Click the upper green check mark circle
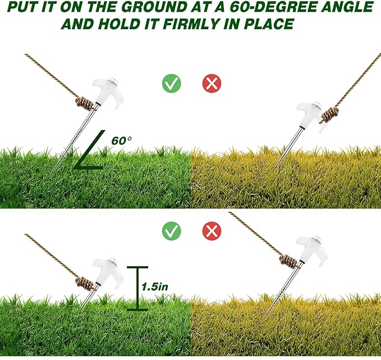click(x=171, y=84)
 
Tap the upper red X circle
click(x=212, y=84)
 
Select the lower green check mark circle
click(x=171, y=230)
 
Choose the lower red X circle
click(x=212, y=230)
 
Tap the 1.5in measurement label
click(x=154, y=286)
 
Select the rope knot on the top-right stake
click(x=330, y=115)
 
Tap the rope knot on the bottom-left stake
click(x=86, y=281)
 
